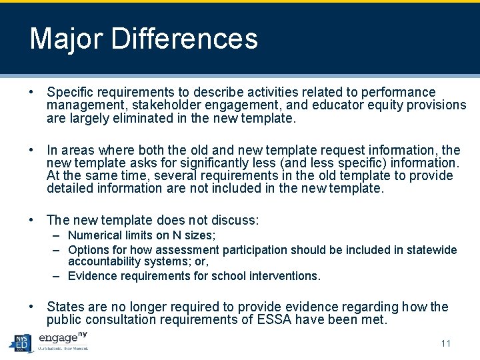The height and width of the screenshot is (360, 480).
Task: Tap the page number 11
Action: pyautogui.click(x=446, y=343)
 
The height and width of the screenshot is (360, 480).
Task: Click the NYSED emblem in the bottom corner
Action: pyautogui.click(x=21, y=343)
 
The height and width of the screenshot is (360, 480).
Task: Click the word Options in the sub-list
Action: pyautogui.click(x=89, y=250)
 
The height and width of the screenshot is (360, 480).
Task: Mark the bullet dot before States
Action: pyautogui.click(x=32, y=307)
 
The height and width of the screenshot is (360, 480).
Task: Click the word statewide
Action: pyautogui.click(x=430, y=250)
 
